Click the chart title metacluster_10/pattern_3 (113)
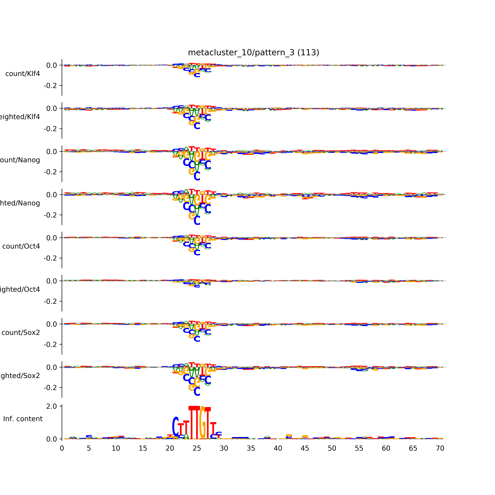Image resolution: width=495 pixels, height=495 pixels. click(253, 53)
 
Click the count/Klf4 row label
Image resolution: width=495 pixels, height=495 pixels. click(23, 74)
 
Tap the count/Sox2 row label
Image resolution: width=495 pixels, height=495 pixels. click(21, 333)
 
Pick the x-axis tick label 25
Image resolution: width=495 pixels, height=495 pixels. click(197, 448)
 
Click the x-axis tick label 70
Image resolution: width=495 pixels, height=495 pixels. click(440, 448)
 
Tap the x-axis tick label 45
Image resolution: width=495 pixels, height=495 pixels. click(305, 448)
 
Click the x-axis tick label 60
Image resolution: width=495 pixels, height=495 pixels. click(386, 448)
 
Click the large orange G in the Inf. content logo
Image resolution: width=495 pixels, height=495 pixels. click(202, 423)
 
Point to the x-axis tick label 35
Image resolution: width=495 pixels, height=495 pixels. click(251, 448)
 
